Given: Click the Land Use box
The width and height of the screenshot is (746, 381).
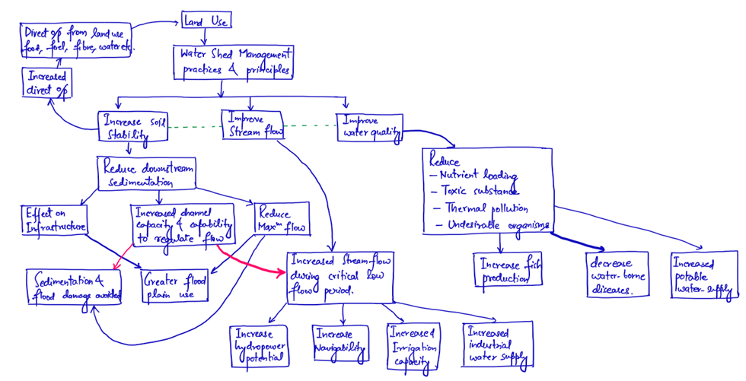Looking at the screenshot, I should click(203, 21).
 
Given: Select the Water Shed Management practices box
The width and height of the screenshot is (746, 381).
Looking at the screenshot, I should click(234, 62).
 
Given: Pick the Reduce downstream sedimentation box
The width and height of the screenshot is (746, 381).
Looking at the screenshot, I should click(145, 173).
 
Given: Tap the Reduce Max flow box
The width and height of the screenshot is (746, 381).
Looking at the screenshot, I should click(282, 220).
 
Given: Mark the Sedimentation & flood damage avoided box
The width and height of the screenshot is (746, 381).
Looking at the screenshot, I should click(75, 287).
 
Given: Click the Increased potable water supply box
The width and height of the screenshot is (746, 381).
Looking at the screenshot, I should click(704, 274).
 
